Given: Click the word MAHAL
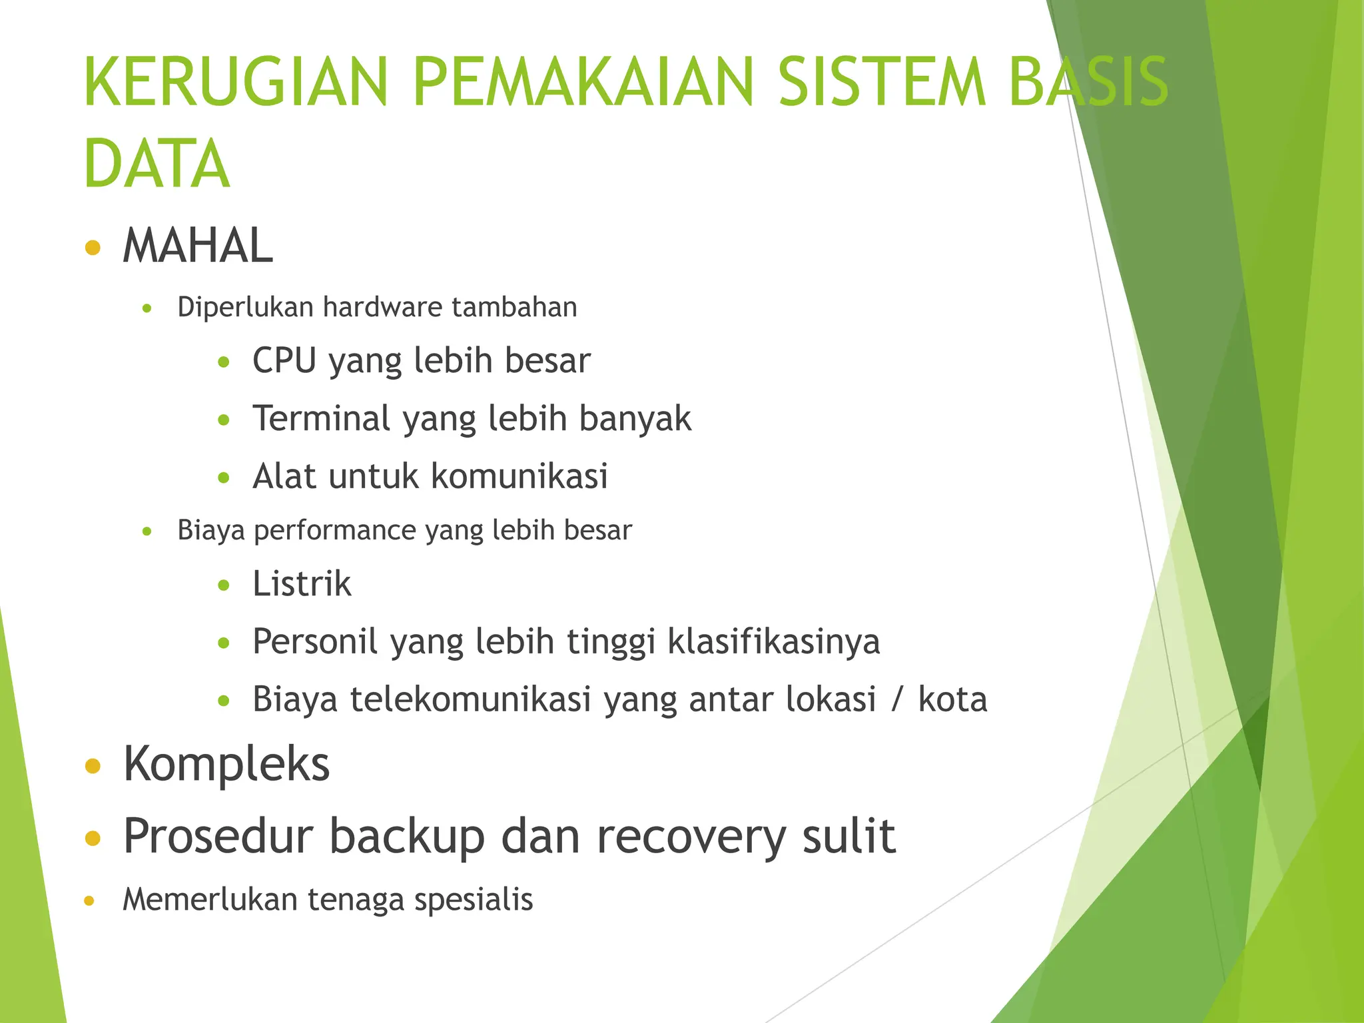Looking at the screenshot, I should [x=198, y=246].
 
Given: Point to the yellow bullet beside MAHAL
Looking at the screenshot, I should [x=93, y=248].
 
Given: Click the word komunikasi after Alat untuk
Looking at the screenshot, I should [x=519, y=477].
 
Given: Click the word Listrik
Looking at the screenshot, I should [x=302, y=584].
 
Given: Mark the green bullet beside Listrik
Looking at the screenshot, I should [x=224, y=585].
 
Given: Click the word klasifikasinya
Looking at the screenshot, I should [x=773, y=642].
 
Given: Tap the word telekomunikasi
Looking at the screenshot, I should [x=471, y=700].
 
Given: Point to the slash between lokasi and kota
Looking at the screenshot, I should [x=898, y=700].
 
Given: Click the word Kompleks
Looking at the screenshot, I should [x=226, y=765].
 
